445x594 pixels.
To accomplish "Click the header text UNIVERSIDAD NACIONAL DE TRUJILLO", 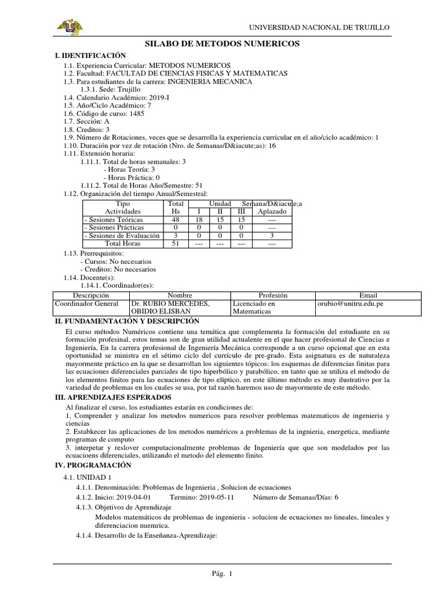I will (x=319, y=27).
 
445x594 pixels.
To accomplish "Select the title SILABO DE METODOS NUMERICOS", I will (x=222, y=44).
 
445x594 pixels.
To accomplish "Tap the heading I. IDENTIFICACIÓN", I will (x=90, y=55).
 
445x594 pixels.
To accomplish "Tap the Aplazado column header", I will (x=271, y=212).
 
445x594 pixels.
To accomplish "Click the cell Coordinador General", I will (x=86, y=303).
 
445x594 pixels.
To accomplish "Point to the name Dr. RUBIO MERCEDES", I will (x=169, y=303).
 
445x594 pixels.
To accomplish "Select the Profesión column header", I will (x=272, y=295).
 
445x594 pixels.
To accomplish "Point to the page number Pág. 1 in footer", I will (x=222, y=574).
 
